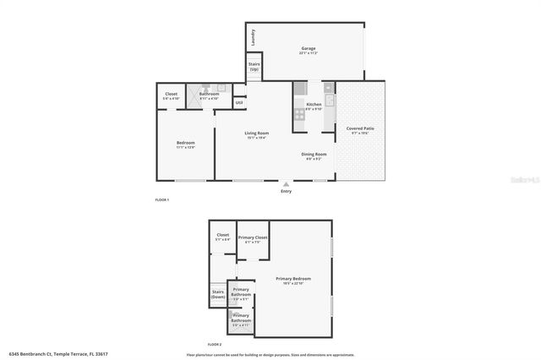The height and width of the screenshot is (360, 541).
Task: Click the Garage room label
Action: (x=308, y=50)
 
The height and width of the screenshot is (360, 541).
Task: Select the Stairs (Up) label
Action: (x=254, y=66)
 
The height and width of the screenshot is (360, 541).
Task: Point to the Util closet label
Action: (x=239, y=103)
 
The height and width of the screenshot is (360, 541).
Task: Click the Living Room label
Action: (x=257, y=135)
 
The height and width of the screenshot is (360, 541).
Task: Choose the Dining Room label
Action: (x=314, y=155)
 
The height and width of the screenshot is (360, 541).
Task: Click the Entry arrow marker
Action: (x=287, y=183)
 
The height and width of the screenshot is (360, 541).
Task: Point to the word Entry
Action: (x=287, y=192)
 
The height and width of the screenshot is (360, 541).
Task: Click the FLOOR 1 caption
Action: (x=162, y=199)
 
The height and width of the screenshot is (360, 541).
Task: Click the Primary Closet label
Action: (x=252, y=239)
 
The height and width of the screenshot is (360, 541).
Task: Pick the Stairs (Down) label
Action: (x=218, y=296)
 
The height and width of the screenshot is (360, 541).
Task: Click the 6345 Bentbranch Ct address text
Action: (x=58, y=354)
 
